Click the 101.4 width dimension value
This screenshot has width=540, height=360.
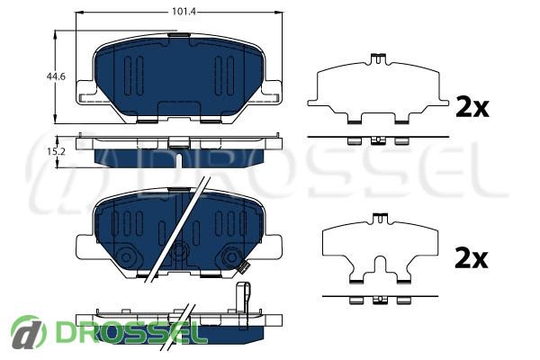(184, 12)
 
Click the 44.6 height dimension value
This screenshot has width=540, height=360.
(56, 76)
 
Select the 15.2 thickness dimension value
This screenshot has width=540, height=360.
(56, 151)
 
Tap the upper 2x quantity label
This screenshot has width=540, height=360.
(472, 107)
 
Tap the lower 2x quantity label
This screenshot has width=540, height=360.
(471, 258)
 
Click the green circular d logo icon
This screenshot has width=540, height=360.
(28, 332)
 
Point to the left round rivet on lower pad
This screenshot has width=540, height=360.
(126, 257)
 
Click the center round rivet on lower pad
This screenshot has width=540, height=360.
(179, 250)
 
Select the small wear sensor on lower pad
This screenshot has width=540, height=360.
(244, 266)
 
